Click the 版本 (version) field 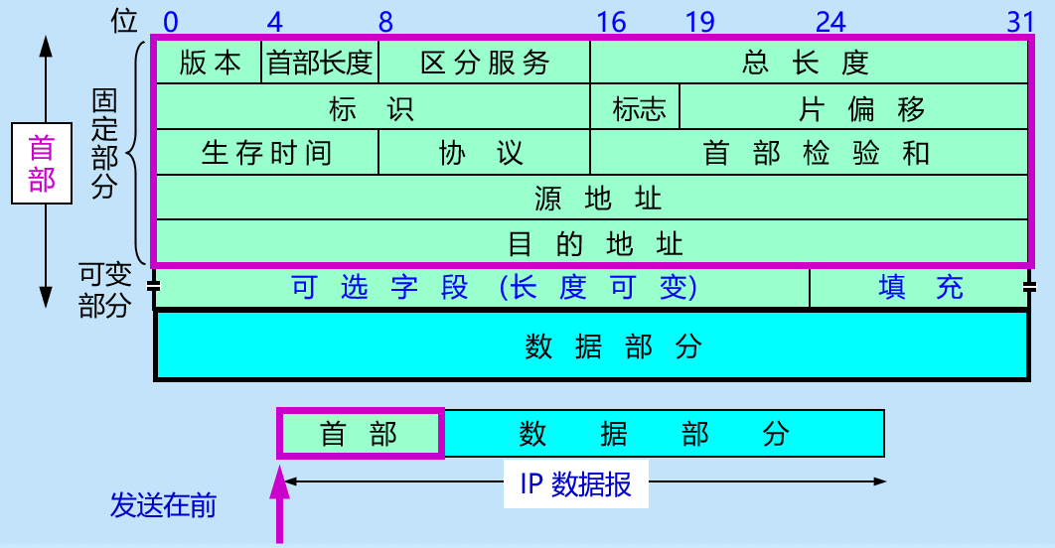tap(210, 64)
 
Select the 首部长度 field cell tap(320, 64)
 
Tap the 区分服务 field tap(485, 64)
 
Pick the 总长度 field tap(807, 64)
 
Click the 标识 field tap(373, 108)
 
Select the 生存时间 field tap(267, 153)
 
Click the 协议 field tap(484, 153)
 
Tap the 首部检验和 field tap(809, 153)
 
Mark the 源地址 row tap(591, 198)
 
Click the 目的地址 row tap(591, 242)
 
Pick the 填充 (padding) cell tap(920, 288)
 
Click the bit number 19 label tap(700, 21)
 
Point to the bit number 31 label tap(1021, 21)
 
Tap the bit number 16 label tap(613, 21)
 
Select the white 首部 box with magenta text tap(42, 164)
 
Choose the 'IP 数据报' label tap(576, 483)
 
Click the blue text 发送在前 tap(163, 506)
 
